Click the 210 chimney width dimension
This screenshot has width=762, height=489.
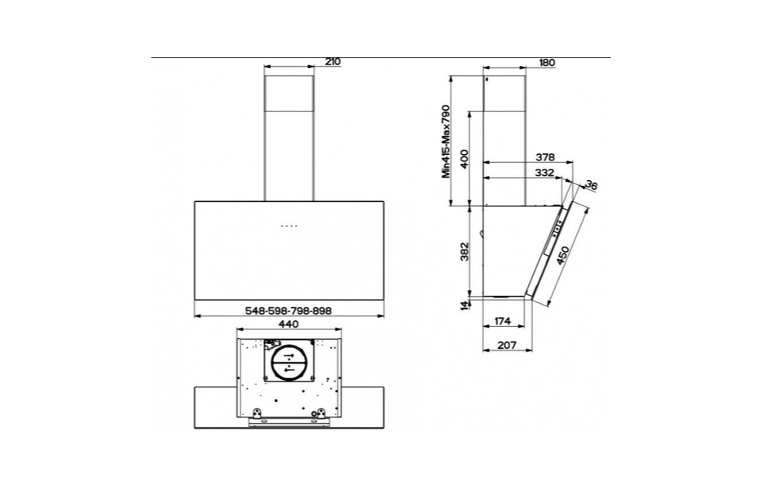pos(333,62)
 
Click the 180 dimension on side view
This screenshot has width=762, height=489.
pos(547,63)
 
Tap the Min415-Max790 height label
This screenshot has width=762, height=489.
pos(447,142)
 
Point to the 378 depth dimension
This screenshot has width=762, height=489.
pos(544,157)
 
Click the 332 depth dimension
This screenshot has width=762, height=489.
pos(544,173)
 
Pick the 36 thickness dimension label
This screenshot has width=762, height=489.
pos(591,185)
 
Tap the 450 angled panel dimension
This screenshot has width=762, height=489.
pos(563,256)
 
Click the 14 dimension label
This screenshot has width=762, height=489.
pos(465,306)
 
